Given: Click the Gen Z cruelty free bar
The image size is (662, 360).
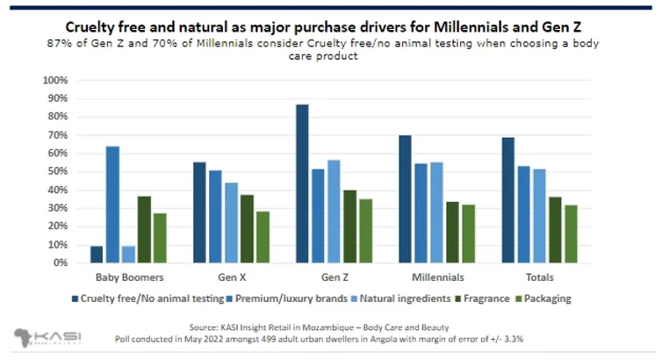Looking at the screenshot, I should pos(302,184).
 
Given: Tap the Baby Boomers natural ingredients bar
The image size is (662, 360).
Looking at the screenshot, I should pos(128,254).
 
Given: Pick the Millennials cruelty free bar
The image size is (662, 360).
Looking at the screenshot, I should pos(405,198).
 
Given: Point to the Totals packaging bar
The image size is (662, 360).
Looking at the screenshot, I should pos(571,234).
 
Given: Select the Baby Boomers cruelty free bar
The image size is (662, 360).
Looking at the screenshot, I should pos(97,254).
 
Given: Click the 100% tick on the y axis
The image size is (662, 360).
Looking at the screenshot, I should pos(54,80).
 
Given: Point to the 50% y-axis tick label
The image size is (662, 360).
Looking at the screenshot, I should pos(56,171).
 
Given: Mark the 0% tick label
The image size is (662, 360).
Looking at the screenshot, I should pos(59,263).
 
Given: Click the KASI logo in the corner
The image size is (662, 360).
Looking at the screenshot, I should pos(42,338).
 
